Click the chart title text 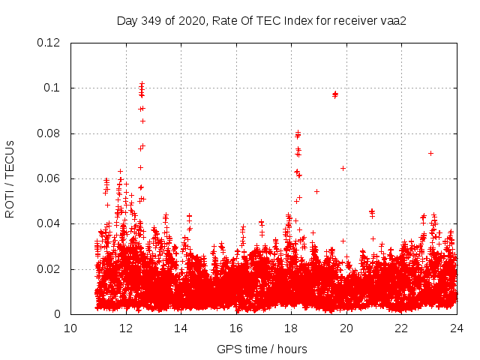262,20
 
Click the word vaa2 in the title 394,20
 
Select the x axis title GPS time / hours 262,349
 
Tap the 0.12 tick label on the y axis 49,43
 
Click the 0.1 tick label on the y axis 55,88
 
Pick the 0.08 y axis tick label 49,133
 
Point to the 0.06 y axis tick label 49,178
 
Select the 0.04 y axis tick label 49,223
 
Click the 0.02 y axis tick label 49,269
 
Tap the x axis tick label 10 70,328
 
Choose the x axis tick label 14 181,328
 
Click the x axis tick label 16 236,328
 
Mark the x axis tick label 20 346,328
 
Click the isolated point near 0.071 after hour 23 430,153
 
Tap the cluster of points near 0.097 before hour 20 334,94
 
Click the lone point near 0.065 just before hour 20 343,168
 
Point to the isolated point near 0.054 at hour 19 316,191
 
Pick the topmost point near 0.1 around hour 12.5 142,83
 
